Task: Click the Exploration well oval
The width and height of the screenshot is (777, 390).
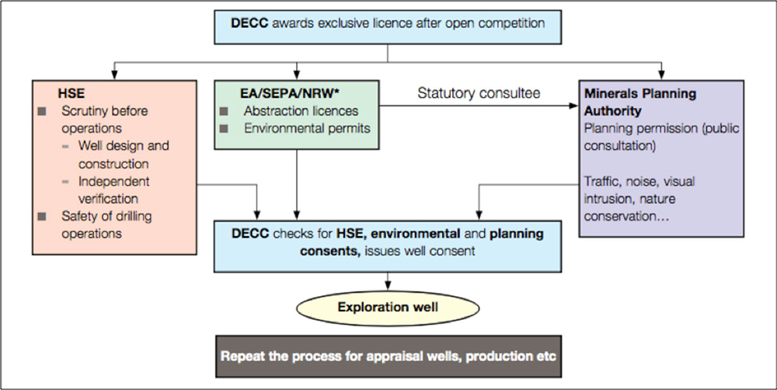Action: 388,308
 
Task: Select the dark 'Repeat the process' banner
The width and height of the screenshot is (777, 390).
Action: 388,357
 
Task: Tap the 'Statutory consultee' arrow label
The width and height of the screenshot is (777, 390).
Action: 479,93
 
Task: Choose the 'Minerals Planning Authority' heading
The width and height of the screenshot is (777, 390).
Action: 640,101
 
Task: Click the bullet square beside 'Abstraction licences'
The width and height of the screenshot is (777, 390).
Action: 225,111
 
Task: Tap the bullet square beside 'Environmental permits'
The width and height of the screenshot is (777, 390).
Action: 225,128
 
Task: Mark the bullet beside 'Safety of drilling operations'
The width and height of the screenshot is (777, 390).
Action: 43,215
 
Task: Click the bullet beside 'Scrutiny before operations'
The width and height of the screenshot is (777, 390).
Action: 43,111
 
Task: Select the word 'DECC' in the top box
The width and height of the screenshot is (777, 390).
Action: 249,23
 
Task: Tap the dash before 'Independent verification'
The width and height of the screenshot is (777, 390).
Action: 67,181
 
